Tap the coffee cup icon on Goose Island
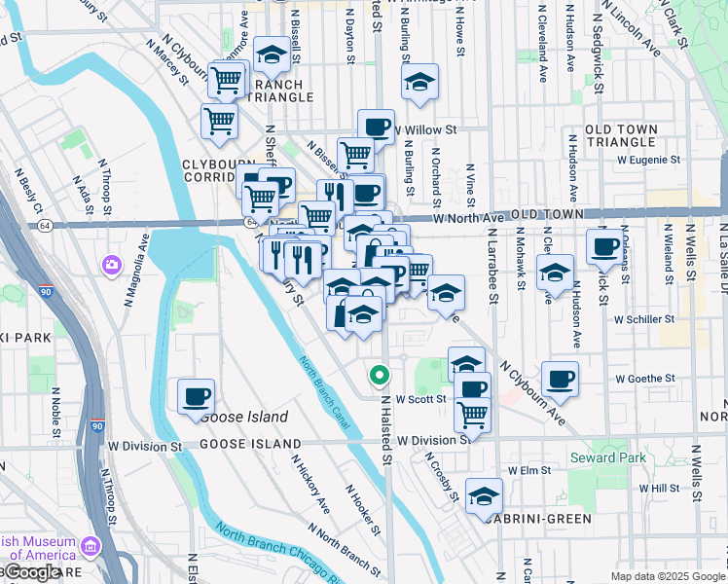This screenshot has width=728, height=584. tap(196, 396)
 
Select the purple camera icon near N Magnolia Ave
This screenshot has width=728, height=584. tap(112, 264)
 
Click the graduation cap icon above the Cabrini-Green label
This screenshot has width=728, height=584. tap(484, 495)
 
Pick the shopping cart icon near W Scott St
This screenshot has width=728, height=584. tap(472, 415)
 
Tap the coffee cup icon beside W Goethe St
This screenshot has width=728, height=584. tap(560, 379)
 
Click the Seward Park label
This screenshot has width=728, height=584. tap(606, 457)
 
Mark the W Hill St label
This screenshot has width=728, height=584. tap(659, 488)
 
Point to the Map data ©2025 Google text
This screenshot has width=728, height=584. tap(667, 576)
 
